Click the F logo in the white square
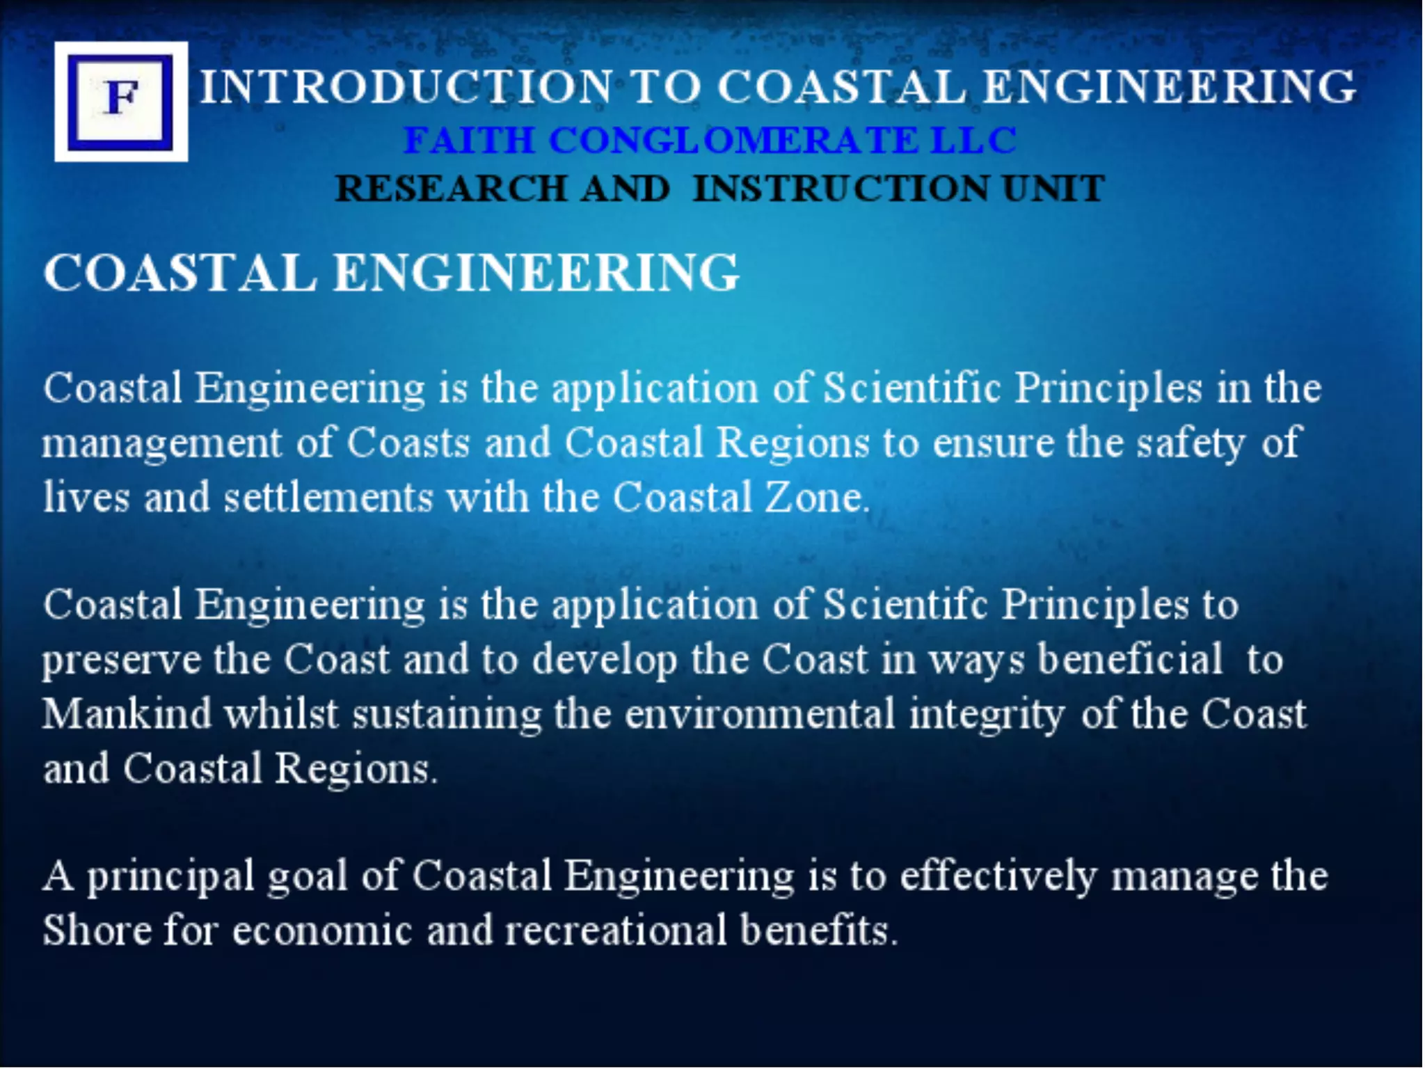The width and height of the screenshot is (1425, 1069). (x=121, y=101)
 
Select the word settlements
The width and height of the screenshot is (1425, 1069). (x=328, y=497)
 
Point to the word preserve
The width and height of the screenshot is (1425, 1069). (x=121, y=660)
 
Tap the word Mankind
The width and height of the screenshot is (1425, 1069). (x=127, y=713)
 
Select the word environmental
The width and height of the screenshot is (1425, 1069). (x=759, y=714)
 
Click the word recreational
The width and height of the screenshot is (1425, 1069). (x=616, y=930)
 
